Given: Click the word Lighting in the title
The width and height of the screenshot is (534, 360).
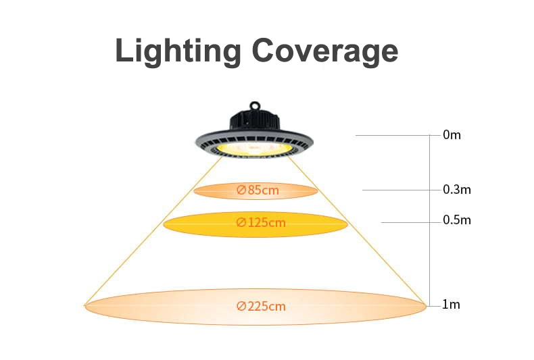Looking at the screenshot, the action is tap(178, 51).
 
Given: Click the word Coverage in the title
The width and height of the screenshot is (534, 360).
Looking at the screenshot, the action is tap(325, 51).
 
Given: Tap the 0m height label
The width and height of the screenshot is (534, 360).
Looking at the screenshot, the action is tap(452, 135).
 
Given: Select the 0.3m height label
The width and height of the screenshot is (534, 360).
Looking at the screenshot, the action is tap(457, 190).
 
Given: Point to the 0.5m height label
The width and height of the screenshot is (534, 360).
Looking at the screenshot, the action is tap(457, 220).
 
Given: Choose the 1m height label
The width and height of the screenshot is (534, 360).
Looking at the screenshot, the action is tap(451, 305).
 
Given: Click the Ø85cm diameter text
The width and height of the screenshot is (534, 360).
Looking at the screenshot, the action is tap(258, 190).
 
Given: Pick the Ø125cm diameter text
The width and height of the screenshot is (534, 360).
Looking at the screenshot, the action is tap(261, 222).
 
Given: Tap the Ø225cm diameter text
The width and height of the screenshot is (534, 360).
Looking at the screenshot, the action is tap(261, 306).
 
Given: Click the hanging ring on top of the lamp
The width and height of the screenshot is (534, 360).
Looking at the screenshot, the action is tap(254, 105).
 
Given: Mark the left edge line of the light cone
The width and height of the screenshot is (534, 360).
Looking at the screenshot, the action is tap(153, 231).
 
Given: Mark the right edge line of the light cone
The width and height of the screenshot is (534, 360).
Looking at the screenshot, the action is tap(357, 230).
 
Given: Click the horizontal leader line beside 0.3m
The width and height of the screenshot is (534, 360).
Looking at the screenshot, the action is tap(402, 190).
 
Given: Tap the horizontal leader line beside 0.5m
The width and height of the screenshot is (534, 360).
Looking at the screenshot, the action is tap(411, 222).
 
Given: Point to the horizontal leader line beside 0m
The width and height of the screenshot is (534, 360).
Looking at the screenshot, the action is tap(397, 136).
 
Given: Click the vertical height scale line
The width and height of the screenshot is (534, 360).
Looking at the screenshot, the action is tap(430, 220).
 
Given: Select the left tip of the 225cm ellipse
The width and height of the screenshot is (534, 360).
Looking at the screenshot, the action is tap(84, 306).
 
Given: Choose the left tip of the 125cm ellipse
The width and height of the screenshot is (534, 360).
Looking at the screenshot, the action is tap(164, 224).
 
